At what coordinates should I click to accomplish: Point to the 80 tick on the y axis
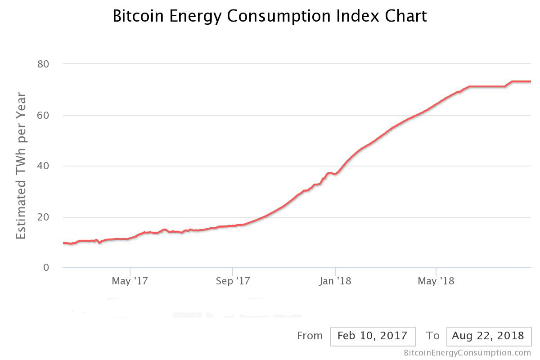coord(43,64)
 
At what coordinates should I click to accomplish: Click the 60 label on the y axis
coord(43,115)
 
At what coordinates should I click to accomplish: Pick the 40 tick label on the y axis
coord(43,166)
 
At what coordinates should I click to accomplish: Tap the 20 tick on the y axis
coord(43,217)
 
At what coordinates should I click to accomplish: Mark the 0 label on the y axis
coord(46,268)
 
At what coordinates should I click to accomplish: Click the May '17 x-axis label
coord(130,281)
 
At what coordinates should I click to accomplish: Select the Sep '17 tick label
coord(233,281)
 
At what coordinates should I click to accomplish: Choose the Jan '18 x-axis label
coord(335,281)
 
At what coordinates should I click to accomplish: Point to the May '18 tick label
coord(436,281)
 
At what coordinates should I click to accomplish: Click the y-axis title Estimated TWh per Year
coord(21,166)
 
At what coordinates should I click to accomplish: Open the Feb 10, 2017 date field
coord(372,336)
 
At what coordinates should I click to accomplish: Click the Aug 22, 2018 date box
coord(488,336)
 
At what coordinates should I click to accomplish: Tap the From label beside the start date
coord(310,336)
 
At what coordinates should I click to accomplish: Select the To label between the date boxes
coord(432,336)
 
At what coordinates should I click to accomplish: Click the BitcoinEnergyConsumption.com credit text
coord(467,353)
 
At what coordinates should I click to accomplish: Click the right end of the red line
coord(530,81)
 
